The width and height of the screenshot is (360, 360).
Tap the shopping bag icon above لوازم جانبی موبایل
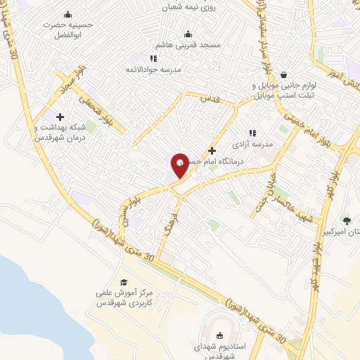click(283, 74)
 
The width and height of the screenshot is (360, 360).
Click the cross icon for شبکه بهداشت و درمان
click(59, 117)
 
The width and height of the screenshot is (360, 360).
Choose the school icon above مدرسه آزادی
click(252, 132)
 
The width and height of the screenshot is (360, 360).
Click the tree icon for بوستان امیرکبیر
click(346, 221)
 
